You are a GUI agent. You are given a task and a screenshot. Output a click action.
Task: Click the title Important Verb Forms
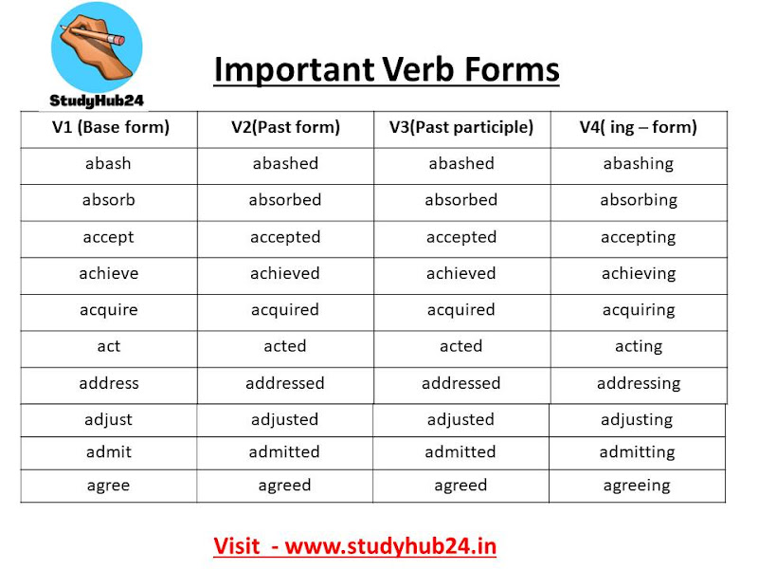tap(386, 69)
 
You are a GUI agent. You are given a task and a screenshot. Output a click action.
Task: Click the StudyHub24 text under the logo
tap(96, 100)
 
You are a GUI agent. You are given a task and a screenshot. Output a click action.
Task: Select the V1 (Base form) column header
tap(110, 127)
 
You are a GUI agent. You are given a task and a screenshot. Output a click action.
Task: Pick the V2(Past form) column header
tap(285, 127)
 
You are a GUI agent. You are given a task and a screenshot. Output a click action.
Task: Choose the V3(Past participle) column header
tap(461, 127)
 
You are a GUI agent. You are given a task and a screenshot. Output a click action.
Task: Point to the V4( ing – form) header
tap(638, 127)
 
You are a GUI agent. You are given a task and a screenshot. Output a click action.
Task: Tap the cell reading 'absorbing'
tap(638, 200)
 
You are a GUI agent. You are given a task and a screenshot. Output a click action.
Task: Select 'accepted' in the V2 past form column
tap(285, 237)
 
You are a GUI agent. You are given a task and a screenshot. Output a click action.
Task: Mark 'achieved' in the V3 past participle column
tap(460, 273)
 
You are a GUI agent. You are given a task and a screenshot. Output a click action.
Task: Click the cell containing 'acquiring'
tap(638, 310)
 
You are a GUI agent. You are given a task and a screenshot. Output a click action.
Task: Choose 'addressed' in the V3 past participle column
tap(460, 383)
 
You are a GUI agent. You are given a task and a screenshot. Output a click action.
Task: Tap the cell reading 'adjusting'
tap(636, 419)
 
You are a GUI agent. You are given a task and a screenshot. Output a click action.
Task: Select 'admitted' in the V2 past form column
tap(284, 452)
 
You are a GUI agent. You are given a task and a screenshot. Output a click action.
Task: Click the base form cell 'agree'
tap(108, 485)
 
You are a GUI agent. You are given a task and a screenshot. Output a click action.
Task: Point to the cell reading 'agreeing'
tap(636, 485)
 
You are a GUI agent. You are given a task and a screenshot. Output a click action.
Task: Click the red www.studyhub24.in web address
tap(390, 546)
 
